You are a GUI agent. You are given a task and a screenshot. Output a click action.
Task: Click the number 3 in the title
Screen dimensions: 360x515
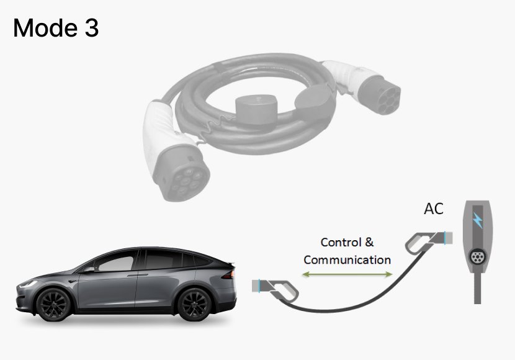pyautogui.click(x=91, y=28)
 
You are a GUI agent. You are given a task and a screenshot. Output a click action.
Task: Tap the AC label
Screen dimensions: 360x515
pyautogui.click(x=434, y=209)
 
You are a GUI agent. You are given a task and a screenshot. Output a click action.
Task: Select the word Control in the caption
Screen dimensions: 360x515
pyautogui.click(x=339, y=242)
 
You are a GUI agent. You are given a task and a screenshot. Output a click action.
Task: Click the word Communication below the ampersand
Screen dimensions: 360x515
pyautogui.click(x=347, y=259)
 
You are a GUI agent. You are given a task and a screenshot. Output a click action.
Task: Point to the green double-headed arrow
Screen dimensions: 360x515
pyautogui.click(x=347, y=274)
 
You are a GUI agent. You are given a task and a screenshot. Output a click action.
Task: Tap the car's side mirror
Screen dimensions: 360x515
pyautogui.click(x=91, y=269)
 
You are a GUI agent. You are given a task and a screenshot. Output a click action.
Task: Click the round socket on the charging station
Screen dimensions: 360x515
pyautogui.click(x=478, y=256)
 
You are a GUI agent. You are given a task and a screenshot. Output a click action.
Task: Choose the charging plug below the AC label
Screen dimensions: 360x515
pyautogui.click(x=423, y=242)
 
